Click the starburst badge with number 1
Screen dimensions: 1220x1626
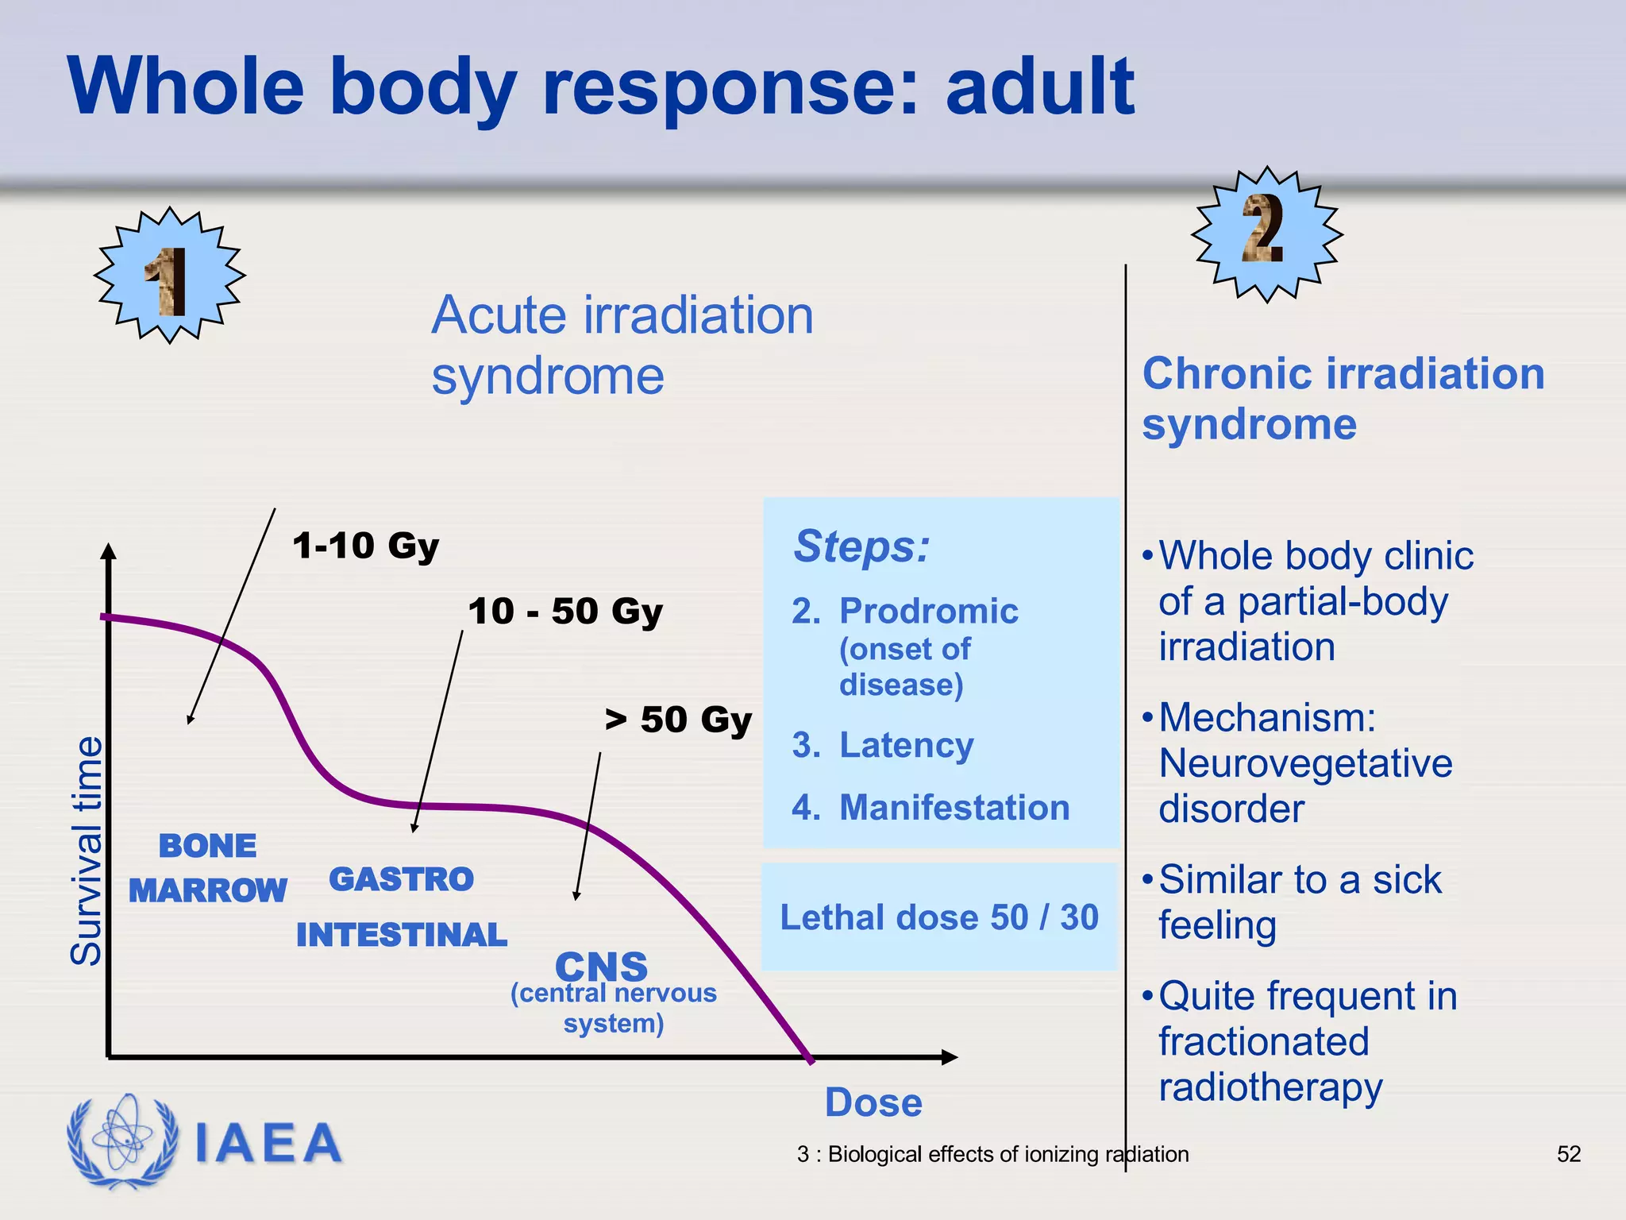coord(169,276)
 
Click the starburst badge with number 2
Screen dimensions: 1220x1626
coord(1267,234)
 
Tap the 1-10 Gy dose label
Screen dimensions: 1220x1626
coord(365,546)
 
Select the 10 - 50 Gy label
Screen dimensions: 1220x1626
coord(564,611)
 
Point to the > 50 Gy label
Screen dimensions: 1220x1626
coord(677,720)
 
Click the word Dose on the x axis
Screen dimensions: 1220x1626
coord(873,1102)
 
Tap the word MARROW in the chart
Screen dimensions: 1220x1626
coord(207,890)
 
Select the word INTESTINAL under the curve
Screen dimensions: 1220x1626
coord(401,935)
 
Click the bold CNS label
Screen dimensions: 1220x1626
coord(601,967)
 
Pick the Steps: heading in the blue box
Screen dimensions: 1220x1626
coord(861,546)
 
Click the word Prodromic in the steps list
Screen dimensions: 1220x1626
coord(929,611)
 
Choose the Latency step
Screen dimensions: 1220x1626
coord(906,745)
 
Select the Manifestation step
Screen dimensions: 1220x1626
coord(954,807)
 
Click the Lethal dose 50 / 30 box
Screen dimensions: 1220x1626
coord(939,917)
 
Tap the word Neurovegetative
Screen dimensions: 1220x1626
coord(1305,763)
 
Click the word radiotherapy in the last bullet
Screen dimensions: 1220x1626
coord(1270,1087)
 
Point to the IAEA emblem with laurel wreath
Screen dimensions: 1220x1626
coord(123,1141)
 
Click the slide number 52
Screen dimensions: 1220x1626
coord(1568,1154)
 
